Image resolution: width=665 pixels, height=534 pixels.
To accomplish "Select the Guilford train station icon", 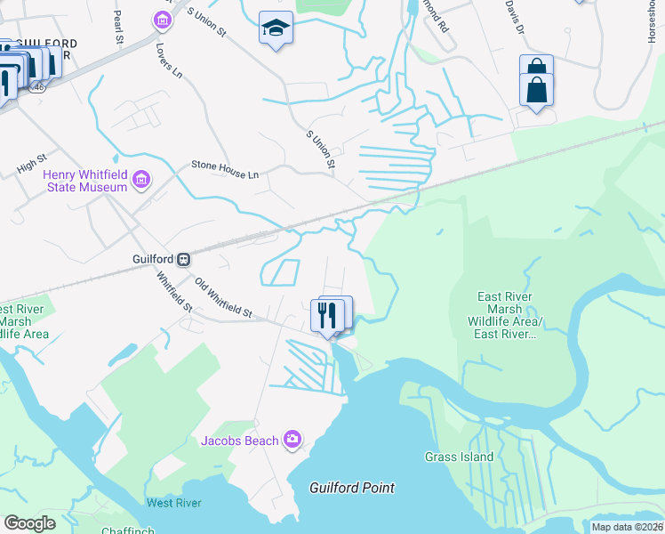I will [183, 259].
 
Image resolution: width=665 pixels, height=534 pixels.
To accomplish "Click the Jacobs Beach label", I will [240, 440].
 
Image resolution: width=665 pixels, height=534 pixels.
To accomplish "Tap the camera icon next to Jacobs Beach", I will [292, 439].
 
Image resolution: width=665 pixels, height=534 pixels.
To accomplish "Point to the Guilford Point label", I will [351, 488].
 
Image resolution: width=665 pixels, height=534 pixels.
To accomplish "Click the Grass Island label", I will [459, 457].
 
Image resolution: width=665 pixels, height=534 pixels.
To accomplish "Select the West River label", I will [173, 503].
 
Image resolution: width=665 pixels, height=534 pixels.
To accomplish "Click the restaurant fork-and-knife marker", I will [328, 315].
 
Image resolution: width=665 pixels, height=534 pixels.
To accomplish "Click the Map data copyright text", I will [627, 527].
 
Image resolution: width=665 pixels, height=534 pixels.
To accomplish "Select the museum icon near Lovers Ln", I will [162, 20].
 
